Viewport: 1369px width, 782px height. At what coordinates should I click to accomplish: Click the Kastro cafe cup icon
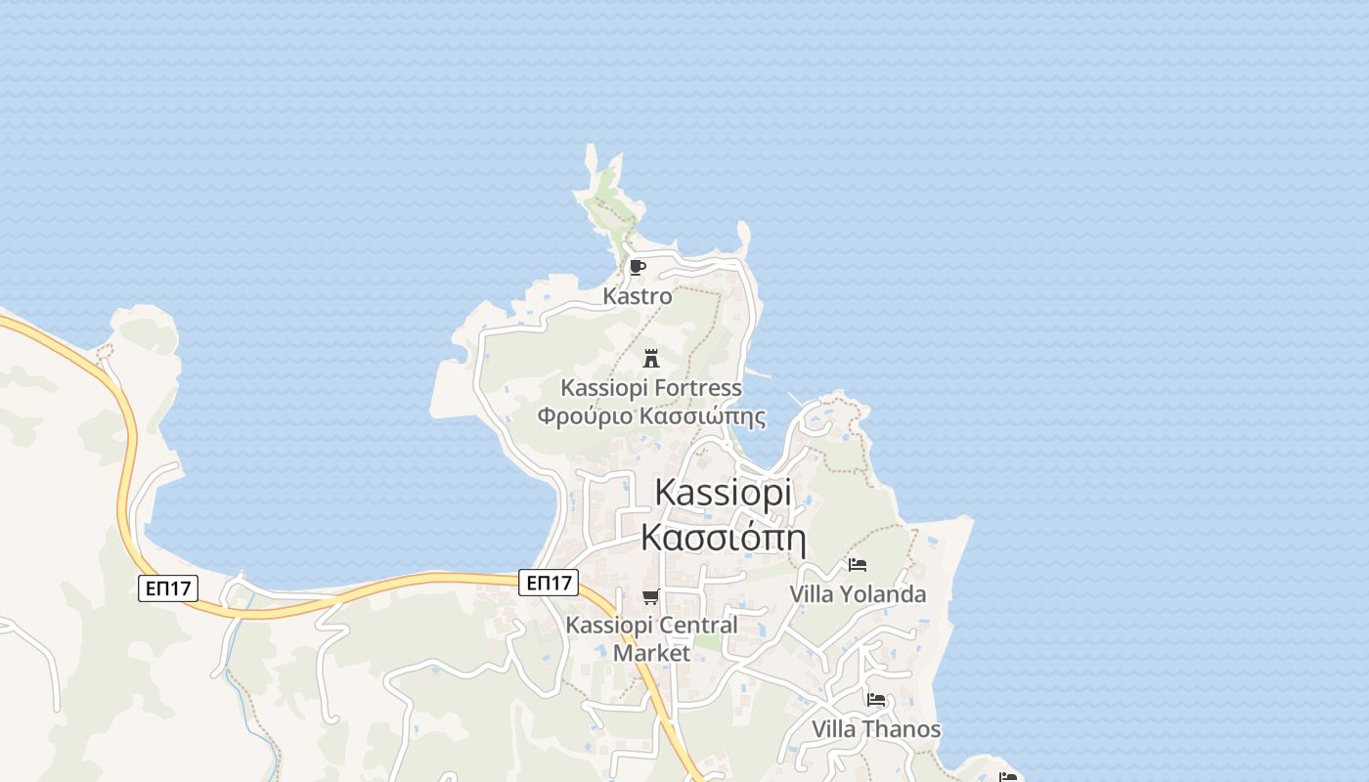tap(638, 267)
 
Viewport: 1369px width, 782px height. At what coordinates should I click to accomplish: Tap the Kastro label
tap(638, 295)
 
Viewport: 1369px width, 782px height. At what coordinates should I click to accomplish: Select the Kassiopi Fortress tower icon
tap(651, 359)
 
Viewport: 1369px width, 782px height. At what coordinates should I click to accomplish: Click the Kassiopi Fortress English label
tap(650, 388)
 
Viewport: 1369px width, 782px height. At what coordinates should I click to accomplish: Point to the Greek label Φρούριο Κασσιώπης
tap(650, 416)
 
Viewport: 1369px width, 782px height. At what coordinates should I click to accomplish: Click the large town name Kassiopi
tap(723, 492)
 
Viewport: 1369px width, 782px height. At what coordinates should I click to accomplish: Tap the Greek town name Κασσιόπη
tap(723, 537)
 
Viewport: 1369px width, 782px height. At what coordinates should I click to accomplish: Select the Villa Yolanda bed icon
tap(858, 565)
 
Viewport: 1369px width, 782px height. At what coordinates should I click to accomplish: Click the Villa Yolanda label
tap(858, 594)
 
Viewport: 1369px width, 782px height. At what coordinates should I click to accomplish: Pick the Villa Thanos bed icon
tap(876, 700)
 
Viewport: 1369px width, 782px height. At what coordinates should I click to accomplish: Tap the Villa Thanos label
tap(876, 729)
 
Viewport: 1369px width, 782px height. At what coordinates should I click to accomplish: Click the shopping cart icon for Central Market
tap(651, 596)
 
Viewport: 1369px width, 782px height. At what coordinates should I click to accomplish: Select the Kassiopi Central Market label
tap(652, 638)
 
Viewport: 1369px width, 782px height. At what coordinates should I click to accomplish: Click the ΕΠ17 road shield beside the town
tap(549, 583)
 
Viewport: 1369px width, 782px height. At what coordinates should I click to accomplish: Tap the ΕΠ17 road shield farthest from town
tap(168, 587)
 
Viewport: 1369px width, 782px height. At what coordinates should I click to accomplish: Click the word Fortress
tap(697, 388)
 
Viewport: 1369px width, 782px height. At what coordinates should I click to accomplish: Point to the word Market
tap(652, 653)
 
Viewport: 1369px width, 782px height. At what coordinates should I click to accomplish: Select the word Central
tap(697, 625)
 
